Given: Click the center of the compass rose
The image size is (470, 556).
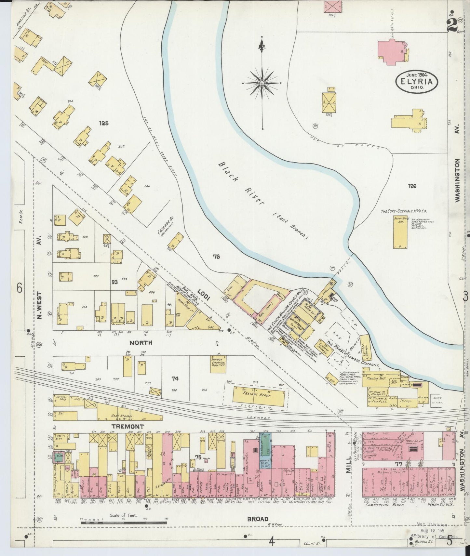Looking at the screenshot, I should tap(262, 84).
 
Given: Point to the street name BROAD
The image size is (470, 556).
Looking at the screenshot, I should tap(258, 519).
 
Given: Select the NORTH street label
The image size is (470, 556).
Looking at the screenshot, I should tap(141, 343).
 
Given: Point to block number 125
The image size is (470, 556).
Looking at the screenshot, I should tap(104, 123).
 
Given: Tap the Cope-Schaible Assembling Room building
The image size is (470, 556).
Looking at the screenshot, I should tap(399, 232).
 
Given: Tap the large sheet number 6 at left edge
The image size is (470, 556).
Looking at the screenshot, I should tap(20, 288).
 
